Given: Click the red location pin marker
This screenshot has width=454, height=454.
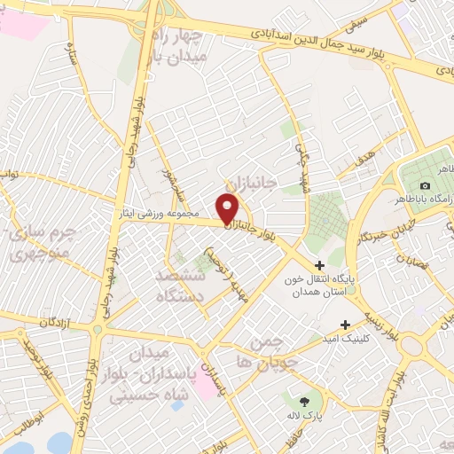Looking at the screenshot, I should (x=230, y=208).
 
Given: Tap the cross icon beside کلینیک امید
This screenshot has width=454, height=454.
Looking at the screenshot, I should (x=345, y=324).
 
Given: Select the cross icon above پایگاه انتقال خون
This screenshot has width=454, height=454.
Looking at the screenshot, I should (x=320, y=264).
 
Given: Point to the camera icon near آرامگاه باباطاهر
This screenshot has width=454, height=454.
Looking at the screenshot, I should (x=426, y=185).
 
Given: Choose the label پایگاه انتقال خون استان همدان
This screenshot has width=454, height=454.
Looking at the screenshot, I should (x=318, y=285).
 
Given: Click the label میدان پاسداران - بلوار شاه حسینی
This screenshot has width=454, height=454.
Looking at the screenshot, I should (x=155, y=377).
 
